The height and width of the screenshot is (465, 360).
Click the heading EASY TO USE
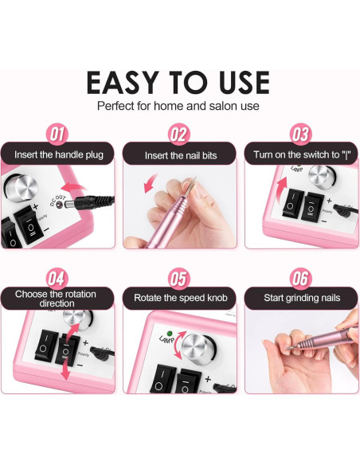(x=178, y=82)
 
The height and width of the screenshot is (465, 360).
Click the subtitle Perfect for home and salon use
(x=178, y=106)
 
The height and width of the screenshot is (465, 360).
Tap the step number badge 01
(x=57, y=133)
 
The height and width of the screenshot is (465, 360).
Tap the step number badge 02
(x=180, y=133)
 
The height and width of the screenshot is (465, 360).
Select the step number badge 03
(x=300, y=133)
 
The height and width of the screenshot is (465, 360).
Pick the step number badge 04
(x=57, y=279)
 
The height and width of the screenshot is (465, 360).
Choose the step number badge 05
(x=180, y=279)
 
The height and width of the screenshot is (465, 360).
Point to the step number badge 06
(x=300, y=279)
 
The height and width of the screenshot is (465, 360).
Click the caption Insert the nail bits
(x=180, y=155)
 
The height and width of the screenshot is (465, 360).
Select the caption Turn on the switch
(x=301, y=154)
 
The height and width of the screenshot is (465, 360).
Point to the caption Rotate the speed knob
(x=180, y=299)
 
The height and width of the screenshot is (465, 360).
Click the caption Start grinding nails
(x=301, y=299)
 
